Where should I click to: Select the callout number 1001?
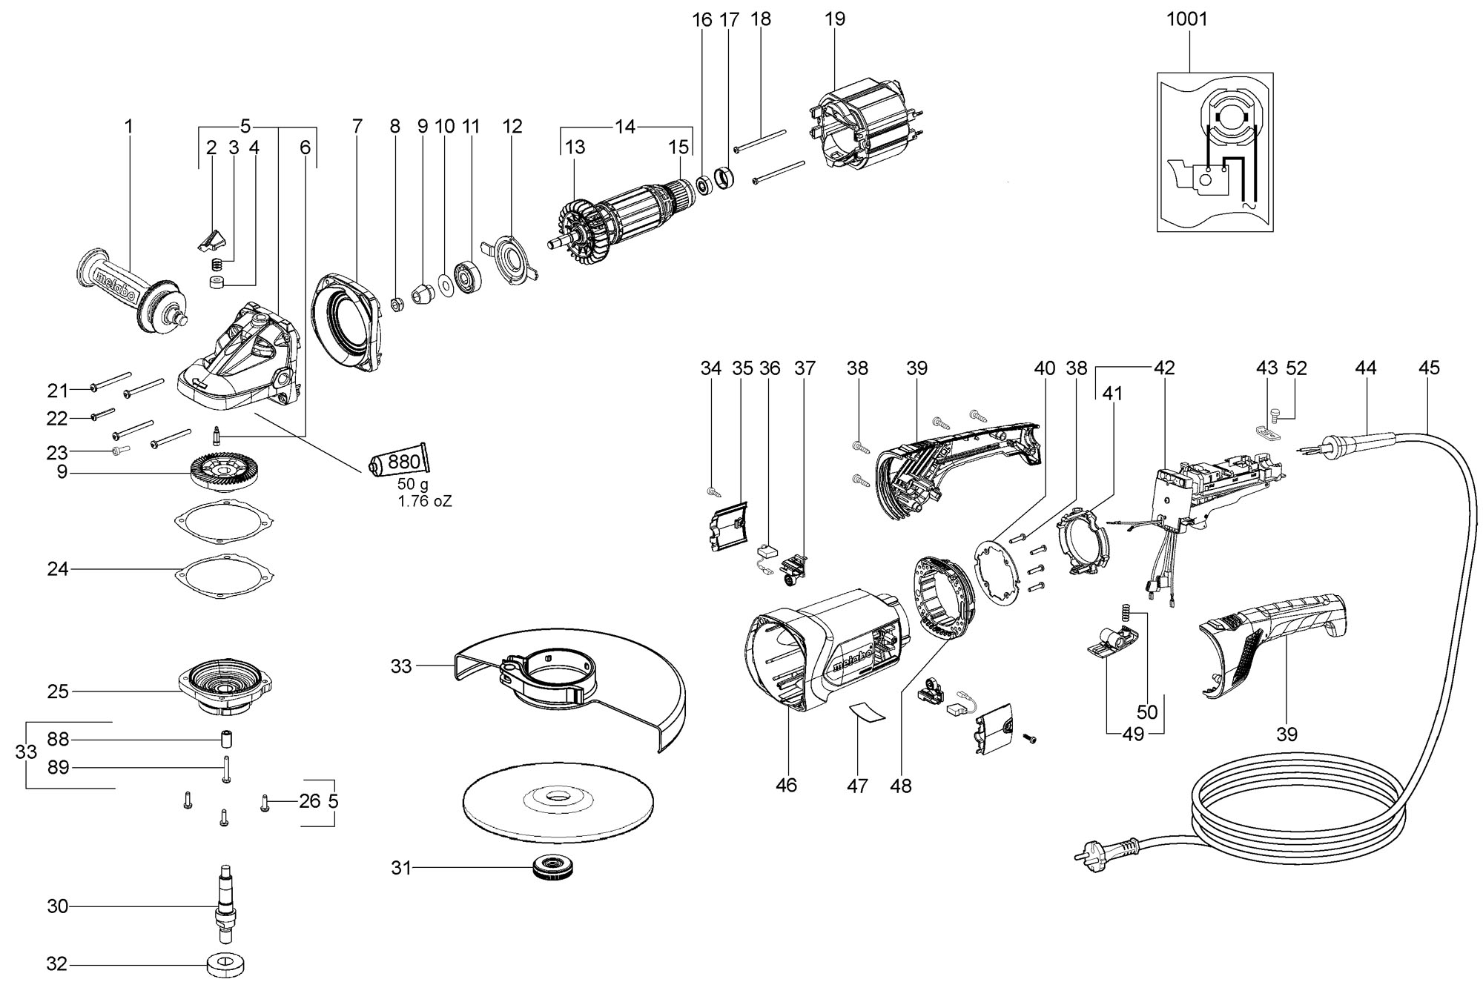(x=1187, y=19)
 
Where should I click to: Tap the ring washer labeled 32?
(x=225, y=965)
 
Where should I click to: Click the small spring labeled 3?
(x=217, y=263)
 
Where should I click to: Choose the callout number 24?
(x=57, y=569)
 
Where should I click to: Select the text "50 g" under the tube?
(x=413, y=485)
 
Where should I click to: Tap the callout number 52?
(x=1296, y=368)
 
